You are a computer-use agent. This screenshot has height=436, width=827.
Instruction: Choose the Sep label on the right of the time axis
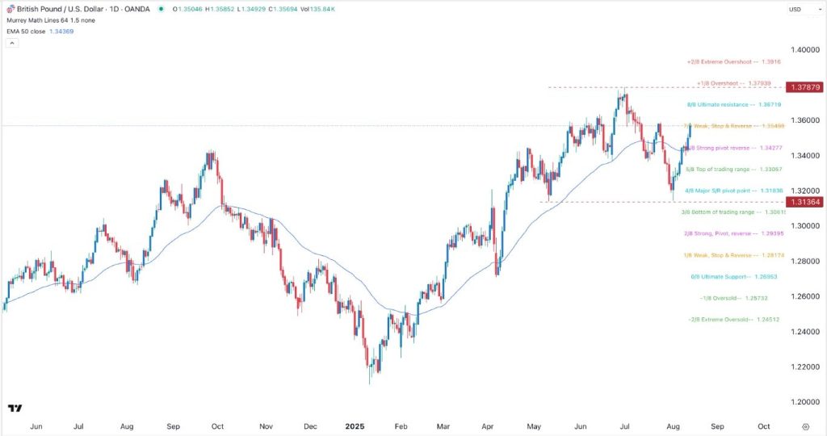(718, 425)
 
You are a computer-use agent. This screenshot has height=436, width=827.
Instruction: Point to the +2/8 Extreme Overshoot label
(722, 61)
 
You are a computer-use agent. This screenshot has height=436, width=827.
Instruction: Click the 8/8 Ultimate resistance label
(722, 104)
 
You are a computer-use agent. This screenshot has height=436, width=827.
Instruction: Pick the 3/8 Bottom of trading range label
(722, 212)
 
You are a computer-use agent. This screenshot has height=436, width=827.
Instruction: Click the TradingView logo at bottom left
(14, 409)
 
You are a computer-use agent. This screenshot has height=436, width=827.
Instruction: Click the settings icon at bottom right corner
(805, 425)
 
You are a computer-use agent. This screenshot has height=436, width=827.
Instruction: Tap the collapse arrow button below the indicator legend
(10, 42)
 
